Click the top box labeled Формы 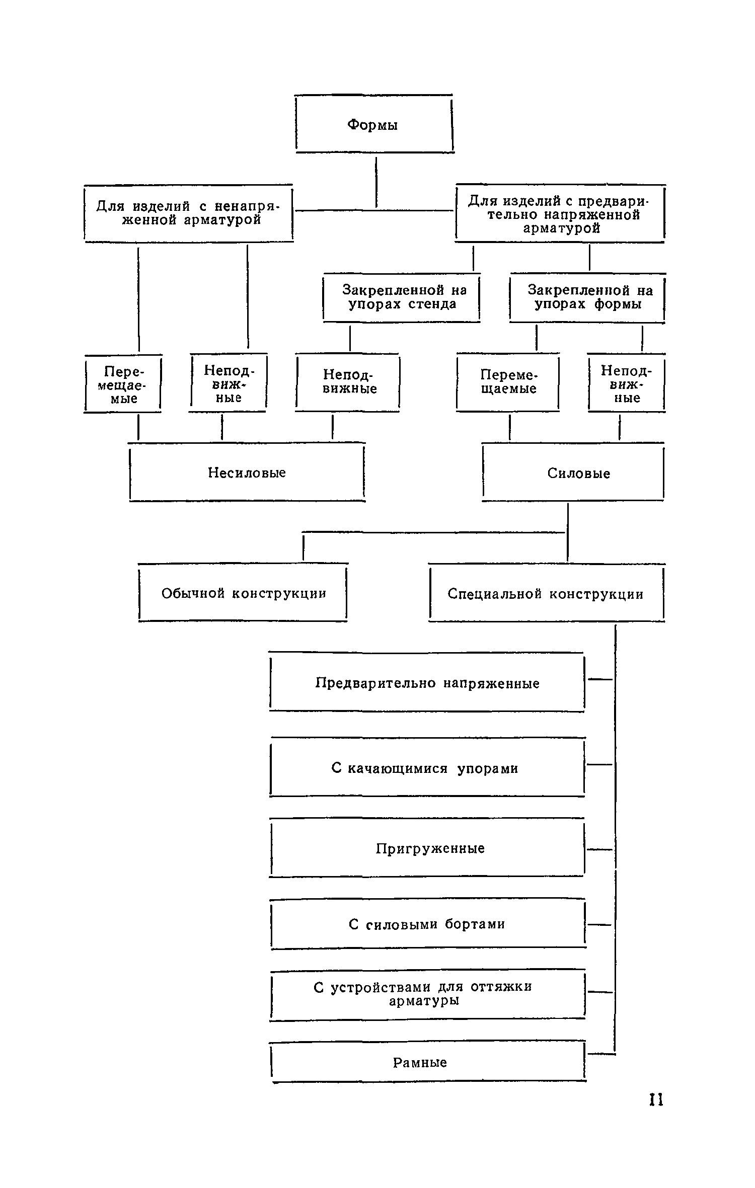pyautogui.click(x=373, y=124)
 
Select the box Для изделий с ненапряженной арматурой pyautogui.click(x=189, y=213)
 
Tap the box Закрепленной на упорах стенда pyautogui.click(x=402, y=297)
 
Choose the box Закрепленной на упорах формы pyautogui.click(x=587, y=297)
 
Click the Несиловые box pyautogui.click(x=247, y=472)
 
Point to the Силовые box pyautogui.click(x=573, y=473)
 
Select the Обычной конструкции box pyautogui.click(x=243, y=593)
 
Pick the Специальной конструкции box pyautogui.click(x=546, y=594)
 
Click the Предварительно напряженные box pyautogui.click(x=427, y=683)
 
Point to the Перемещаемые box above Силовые pyautogui.click(x=508, y=382)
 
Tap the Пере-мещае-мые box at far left pyautogui.click(x=123, y=385)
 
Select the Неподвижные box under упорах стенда pyautogui.click(x=348, y=382)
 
